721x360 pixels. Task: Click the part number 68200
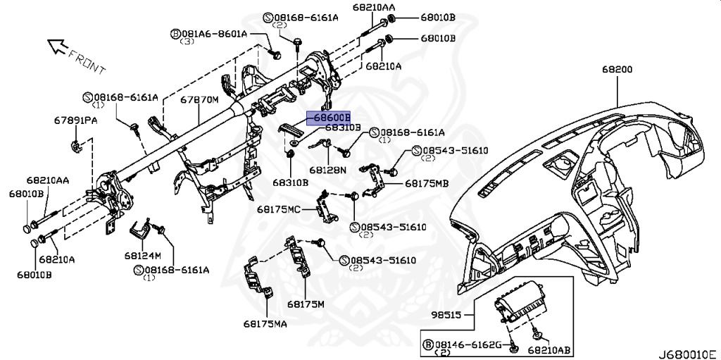[617, 70]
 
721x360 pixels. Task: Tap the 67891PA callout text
[75, 121]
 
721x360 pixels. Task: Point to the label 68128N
[327, 170]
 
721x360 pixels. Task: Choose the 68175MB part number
[426, 183]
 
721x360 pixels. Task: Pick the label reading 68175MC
[278, 209]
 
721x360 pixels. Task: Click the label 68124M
[144, 255]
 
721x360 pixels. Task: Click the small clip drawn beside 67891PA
[75, 146]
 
